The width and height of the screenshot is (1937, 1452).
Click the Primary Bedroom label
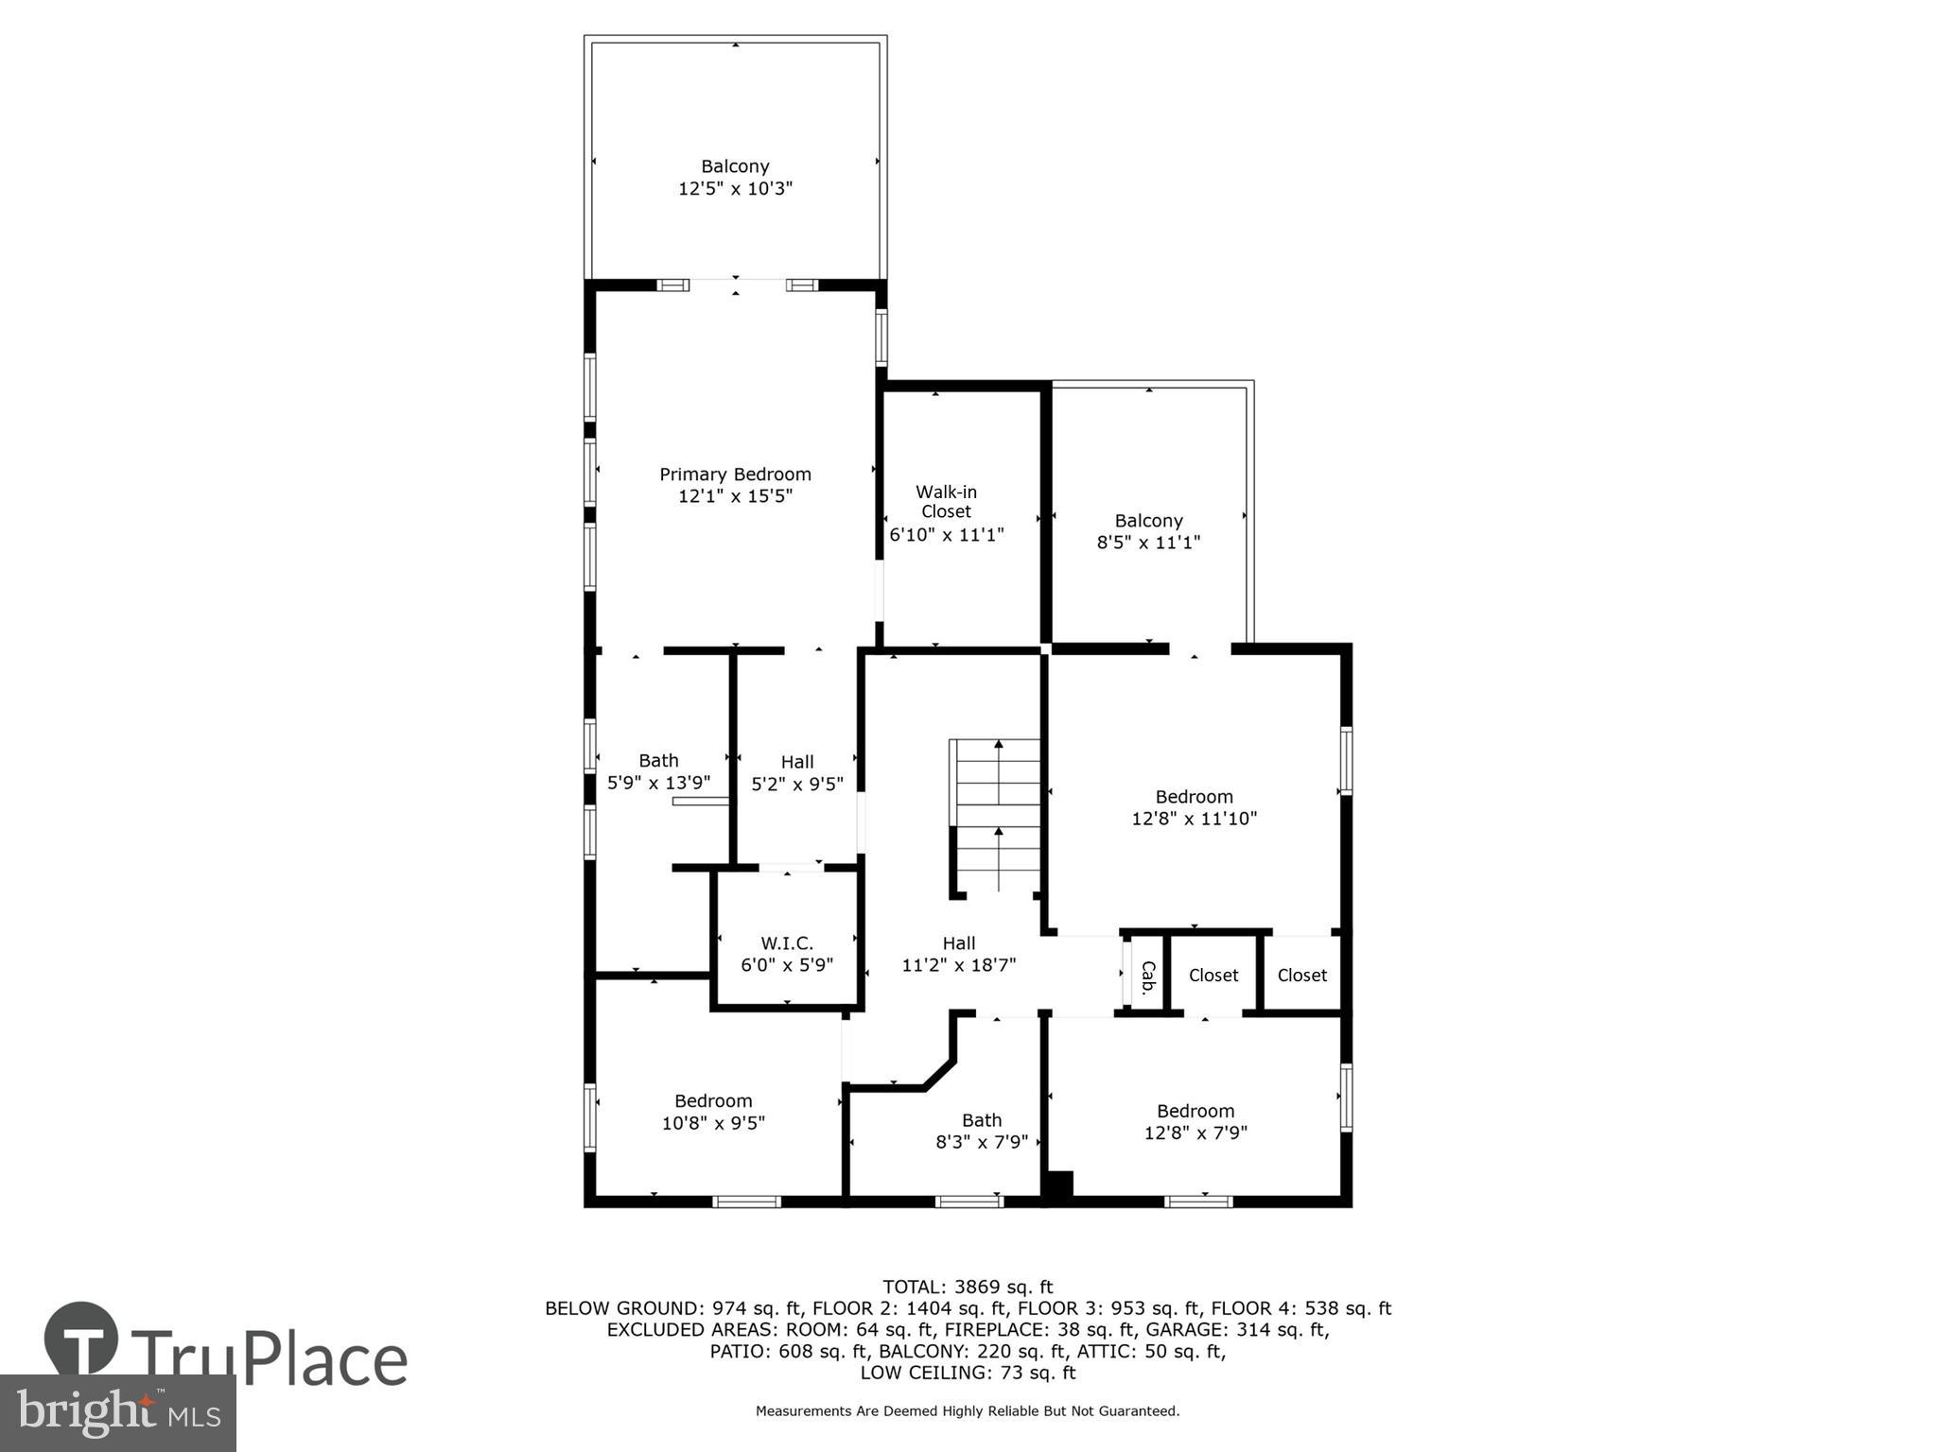click(735, 475)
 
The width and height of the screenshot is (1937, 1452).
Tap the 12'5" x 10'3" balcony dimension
click(735, 188)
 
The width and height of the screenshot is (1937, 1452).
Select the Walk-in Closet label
click(946, 502)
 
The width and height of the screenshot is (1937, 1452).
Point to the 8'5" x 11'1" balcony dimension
click(1148, 543)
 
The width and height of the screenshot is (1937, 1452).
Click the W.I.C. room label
click(787, 943)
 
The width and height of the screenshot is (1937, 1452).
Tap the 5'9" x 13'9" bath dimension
click(658, 783)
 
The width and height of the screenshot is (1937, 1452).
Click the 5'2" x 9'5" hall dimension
click(797, 784)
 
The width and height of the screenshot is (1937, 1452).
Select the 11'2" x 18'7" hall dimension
click(958, 965)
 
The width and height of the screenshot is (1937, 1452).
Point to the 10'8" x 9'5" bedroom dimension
click(713, 1123)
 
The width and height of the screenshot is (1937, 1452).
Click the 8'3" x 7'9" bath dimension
click(982, 1142)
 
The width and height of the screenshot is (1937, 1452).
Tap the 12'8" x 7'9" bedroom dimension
click(1195, 1132)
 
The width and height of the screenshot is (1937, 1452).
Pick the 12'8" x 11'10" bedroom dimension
click(1195, 819)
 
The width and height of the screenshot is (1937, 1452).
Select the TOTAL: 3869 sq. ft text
click(968, 1287)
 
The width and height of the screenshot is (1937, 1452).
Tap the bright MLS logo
click(117, 1413)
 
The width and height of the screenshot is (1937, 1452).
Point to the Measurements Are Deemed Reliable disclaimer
click(968, 1411)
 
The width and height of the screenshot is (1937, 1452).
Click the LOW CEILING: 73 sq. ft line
click(968, 1373)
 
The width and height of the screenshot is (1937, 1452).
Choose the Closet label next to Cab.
click(1213, 976)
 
